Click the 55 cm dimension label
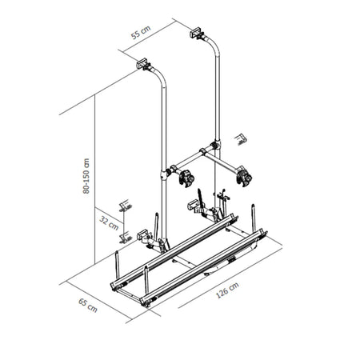click(141, 32)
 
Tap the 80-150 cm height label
click(86, 176)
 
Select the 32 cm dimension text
click(109, 223)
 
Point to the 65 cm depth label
click(88, 306)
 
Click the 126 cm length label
click(227, 290)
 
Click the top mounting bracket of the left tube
click(143, 64)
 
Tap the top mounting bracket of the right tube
click(197, 33)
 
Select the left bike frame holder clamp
click(186, 178)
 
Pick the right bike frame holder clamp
click(244, 177)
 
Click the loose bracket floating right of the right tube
click(241, 139)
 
